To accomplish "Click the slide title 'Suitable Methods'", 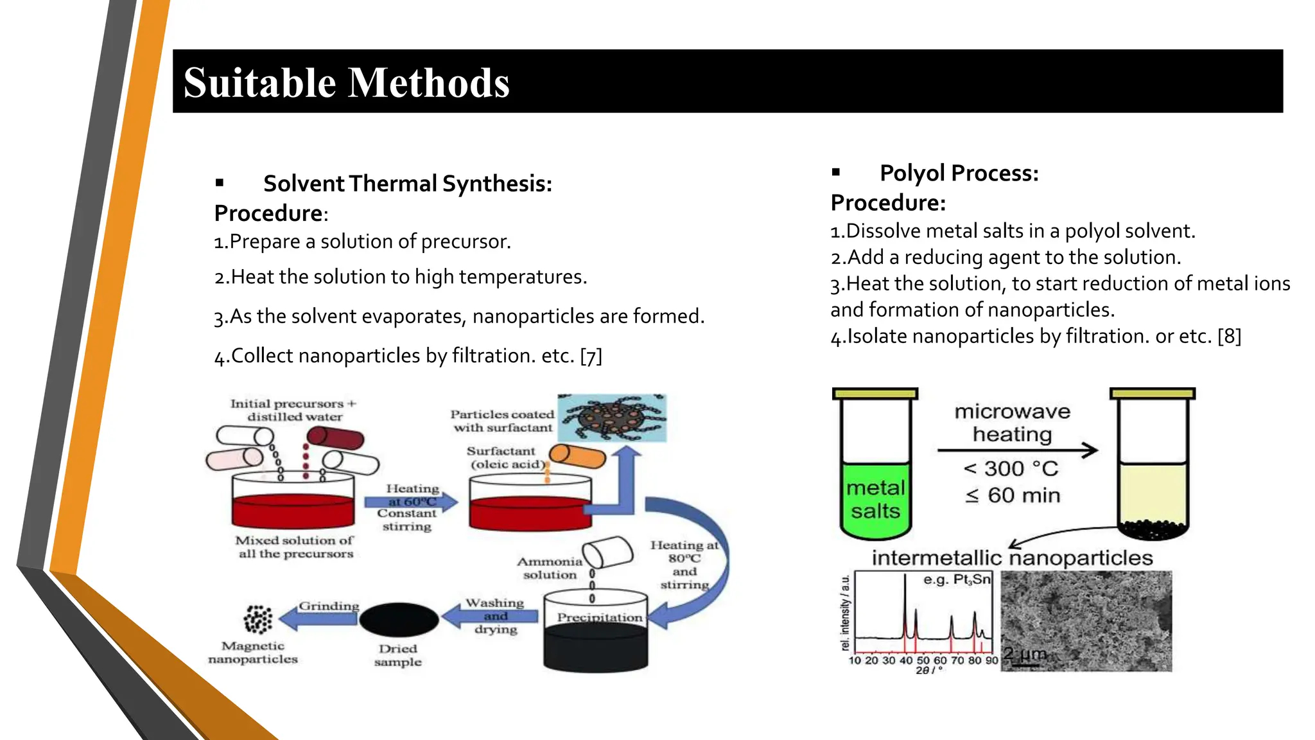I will pyautogui.click(x=347, y=83).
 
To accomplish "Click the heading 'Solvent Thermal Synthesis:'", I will pyautogui.click(x=407, y=184).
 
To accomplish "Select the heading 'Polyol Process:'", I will pyautogui.click(x=959, y=173).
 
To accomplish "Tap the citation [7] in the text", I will pyautogui.click(x=591, y=356).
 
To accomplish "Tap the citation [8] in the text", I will pyautogui.click(x=1229, y=336).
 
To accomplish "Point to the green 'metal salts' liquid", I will pyautogui.click(x=875, y=500).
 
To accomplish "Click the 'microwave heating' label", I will pyautogui.click(x=1012, y=423).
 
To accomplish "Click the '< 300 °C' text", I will pyautogui.click(x=1011, y=468).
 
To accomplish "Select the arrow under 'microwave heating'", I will pyautogui.click(x=1018, y=450).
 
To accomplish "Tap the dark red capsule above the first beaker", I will pyautogui.click(x=335, y=439).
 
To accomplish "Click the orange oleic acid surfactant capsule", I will pyautogui.click(x=577, y=456).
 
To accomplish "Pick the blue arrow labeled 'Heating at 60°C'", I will pyautogui.click(x=411, y=502).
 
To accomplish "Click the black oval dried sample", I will pyautogui.click(x=399, y=619).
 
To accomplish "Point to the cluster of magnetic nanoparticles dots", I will pyautogui.click(x=257, y=619).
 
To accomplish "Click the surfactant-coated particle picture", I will pyautogui.click(x=612, y=418).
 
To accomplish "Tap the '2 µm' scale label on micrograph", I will pyautogui.click(x=1025, y=654).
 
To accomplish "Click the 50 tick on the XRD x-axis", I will pyautogui.click(x=923, y=660).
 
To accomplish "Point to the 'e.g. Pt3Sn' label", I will pyautogui.click(x=957, y=579).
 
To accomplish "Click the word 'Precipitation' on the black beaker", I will pyautogui.click(x=599, y=617).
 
